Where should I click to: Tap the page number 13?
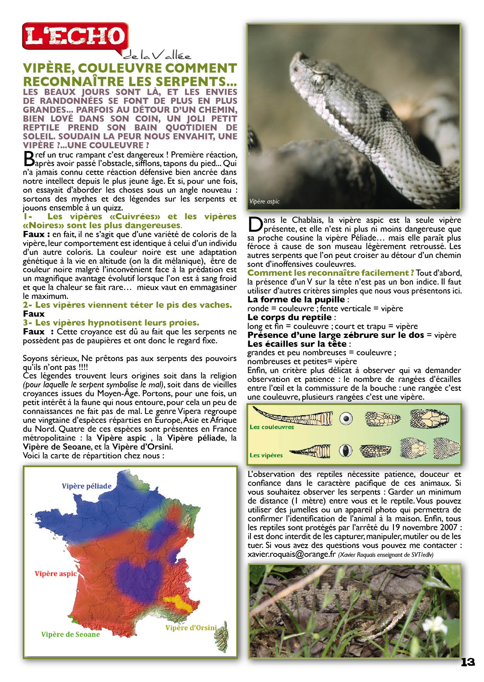[x=467, y=662]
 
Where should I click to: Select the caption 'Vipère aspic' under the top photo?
[x=264, y=202]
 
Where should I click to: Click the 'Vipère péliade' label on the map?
[x=87, y=486]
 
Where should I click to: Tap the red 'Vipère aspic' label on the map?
[x=56, y=574]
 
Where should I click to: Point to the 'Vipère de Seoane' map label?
[x=70, y=634]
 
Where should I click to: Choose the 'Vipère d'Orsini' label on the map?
[x=191, y=628]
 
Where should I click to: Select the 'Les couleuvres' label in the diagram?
[x=272, y=427]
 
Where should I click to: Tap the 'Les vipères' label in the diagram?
[x=266, y=455]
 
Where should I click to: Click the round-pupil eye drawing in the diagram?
[x=346, y=418]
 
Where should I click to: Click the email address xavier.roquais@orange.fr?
[x=291, y=554]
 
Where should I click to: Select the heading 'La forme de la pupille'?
[x=296, y=300]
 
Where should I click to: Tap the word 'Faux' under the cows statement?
[x=34, y=314]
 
